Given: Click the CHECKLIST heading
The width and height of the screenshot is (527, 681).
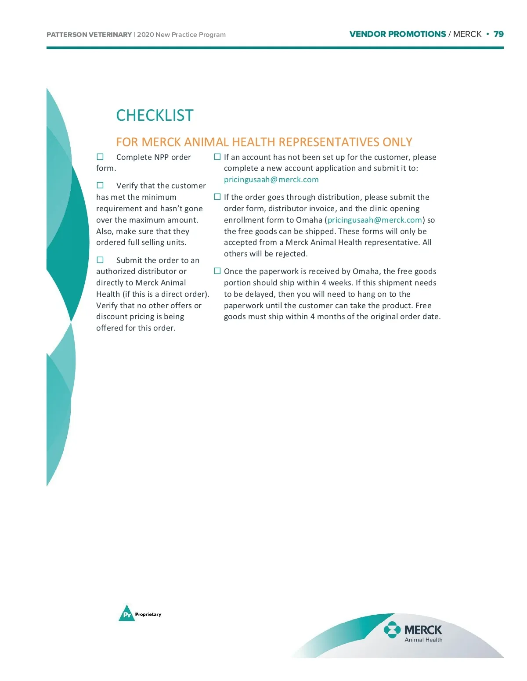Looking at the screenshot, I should [x=155, y=115].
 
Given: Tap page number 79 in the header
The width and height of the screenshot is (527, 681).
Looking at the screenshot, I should [x=498, y=34].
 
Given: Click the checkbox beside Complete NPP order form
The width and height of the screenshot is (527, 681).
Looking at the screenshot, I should [x=100, y=157].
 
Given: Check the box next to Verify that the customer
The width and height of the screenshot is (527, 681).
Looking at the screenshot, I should [x=100, y=185].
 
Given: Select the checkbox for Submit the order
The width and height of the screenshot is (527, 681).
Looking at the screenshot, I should [x=100, y=260].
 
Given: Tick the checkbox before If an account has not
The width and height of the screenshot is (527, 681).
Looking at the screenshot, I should [x=217, y=157].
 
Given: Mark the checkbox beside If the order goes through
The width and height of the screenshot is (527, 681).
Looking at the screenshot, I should [x=217, y=197].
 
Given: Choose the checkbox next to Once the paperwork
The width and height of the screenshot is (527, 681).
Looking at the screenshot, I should [x=217, y=271].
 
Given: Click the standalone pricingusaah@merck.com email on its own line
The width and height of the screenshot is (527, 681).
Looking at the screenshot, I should [x=271, y=180].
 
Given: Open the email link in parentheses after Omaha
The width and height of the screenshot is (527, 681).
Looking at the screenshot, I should [x=375, y=220].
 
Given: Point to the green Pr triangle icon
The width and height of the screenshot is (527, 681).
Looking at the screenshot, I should [x=126, y=613].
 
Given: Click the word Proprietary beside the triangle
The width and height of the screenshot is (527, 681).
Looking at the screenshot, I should [x=148, y=614].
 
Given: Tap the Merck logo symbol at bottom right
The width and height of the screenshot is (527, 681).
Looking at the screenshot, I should [x=392, y=630].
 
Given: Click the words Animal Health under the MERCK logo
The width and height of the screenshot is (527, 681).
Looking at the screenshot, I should [x=423, y=640].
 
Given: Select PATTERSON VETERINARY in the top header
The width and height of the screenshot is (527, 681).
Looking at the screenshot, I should [x=89, y=35].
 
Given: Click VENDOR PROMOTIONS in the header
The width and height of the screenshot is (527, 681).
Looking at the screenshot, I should [x=397, y=34].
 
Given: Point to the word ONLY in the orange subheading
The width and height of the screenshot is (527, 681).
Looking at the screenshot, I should [x=397, y=142].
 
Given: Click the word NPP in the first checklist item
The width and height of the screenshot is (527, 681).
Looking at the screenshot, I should [x=162, y=157].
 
